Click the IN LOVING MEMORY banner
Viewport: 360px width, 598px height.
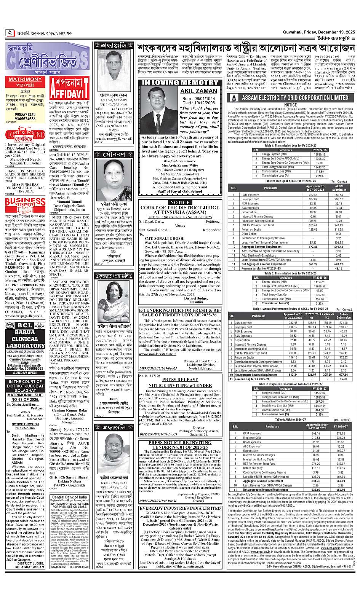pyautogui.click(x=180, y=82)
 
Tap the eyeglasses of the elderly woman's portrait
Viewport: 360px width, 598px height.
pyautogui.click(x=113, y=443)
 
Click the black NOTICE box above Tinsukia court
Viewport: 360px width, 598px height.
pyautogui.click(x=180, y=203)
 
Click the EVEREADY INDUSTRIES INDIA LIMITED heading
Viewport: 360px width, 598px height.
pyautogui.click(x=180, y=508)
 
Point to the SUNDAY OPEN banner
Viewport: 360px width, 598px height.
pyautogui.click(x=26, y=373)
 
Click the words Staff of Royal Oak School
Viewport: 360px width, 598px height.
pyautogui.click(x=180, y=191)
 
